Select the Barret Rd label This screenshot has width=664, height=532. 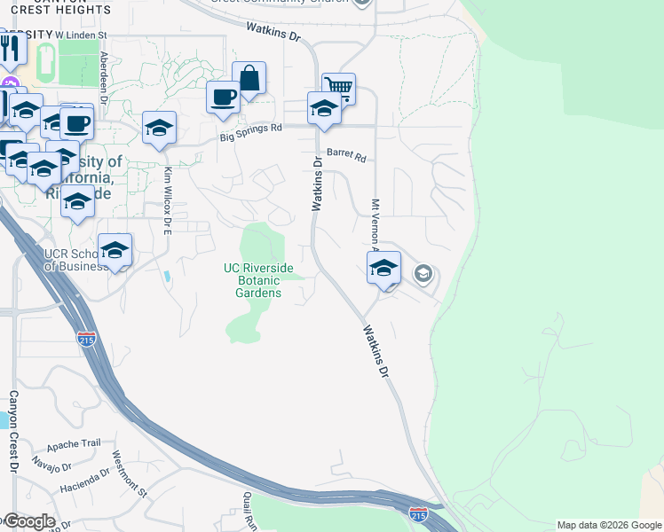tap(346, 154)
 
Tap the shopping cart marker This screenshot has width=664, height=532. tap(338, 88)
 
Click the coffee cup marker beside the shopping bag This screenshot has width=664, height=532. tap(223, 96)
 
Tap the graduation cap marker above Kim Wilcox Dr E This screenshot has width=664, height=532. tap(159, 127)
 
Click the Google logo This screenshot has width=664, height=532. tap(28, 521)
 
